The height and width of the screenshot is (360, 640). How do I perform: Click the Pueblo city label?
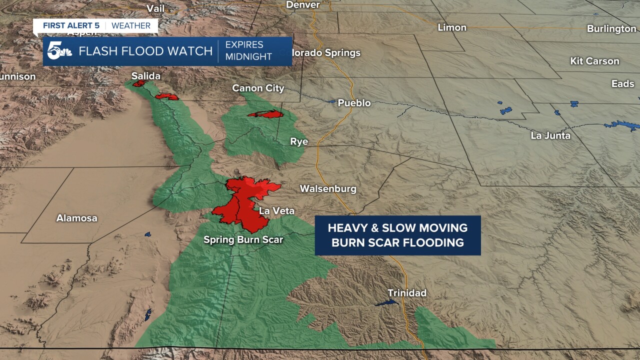coord(354,103)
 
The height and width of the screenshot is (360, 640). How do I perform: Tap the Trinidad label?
coord(407,293)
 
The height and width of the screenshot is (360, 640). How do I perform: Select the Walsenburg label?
coord(328,188)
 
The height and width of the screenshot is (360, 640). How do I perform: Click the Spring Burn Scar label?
coord(243,240)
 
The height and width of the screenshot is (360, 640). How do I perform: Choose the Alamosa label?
coord(76,218)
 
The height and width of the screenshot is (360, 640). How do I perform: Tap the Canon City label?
coord(258,88)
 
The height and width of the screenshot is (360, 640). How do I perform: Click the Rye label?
coord(299,141)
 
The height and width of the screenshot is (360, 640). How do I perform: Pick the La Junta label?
coord(550,135)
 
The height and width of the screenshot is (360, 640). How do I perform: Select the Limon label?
coord(452,27)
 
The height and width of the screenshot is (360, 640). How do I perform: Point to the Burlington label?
coord(611,28)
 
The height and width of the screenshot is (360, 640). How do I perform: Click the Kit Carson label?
coord(594,61)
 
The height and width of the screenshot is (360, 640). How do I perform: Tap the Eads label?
coord(622,83)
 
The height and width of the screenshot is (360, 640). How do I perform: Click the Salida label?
coord(146,76)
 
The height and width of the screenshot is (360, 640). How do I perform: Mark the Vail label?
coord(155,8)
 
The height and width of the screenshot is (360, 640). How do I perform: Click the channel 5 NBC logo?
coord(59,51)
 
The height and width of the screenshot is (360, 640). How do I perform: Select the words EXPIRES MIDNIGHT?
coord(248,51)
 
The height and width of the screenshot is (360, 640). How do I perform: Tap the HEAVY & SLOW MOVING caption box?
coord(397,235)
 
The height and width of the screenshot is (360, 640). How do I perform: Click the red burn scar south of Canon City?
coord(265,114)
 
